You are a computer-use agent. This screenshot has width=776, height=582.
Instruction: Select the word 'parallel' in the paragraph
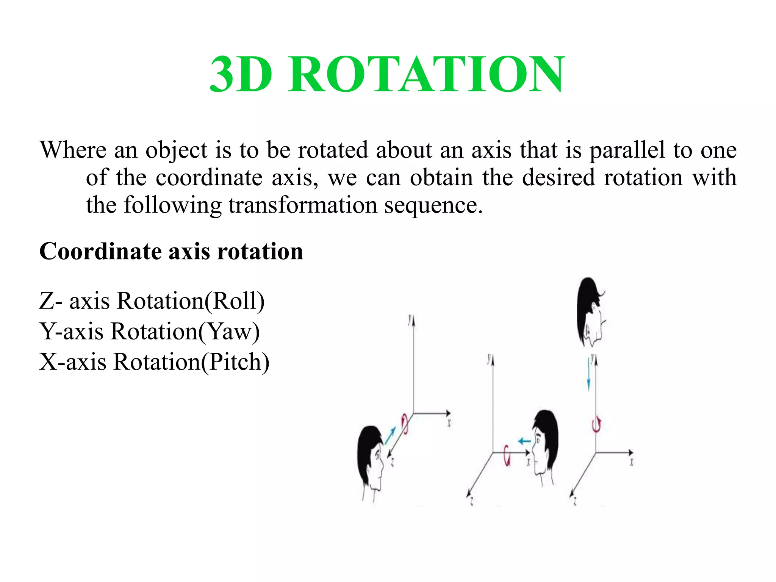coord(627,150)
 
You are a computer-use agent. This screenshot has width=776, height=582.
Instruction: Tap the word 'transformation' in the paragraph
coord(303,205)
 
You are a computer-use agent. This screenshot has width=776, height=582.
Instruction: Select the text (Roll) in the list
coord(235,301)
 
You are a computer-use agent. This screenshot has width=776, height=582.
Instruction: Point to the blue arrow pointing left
coord(524,441)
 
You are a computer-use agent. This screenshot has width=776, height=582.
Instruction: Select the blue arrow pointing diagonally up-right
coord(390,435)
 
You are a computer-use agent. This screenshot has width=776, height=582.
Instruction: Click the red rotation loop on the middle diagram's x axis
coord(507,455)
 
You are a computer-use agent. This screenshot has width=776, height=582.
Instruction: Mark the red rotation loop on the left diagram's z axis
coord(405,423)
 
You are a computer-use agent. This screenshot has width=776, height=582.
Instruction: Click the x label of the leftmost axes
coord(449,423)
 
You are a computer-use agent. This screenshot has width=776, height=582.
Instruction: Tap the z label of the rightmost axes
coord(575,502)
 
